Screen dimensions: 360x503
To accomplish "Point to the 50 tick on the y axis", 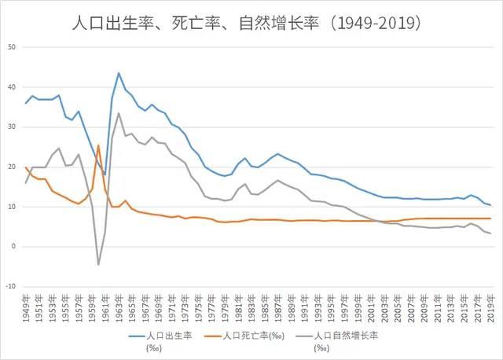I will point(13,47).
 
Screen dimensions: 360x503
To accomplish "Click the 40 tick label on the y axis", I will point(13,87).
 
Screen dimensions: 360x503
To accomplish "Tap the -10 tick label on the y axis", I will point(11,286).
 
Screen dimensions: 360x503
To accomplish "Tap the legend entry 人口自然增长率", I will point(346,334).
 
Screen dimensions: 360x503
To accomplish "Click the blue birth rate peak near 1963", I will point(119,73).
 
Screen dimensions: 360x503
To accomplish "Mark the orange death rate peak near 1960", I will point(98,145).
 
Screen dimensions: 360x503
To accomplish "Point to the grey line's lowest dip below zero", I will point(98,264).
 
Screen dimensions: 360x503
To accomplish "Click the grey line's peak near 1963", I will point(119,113).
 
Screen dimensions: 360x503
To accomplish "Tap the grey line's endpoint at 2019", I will point(490,233).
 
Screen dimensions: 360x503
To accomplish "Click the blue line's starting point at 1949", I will point(26,103).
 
